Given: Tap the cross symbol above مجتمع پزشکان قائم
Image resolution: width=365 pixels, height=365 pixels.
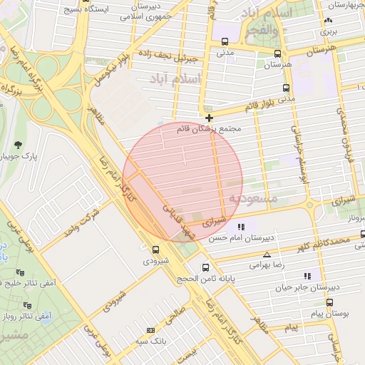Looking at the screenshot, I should pyautogui.click(x=209, y=118).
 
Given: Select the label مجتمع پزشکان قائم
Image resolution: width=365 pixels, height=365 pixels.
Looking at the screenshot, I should pyautogui.click(x=208, y=129).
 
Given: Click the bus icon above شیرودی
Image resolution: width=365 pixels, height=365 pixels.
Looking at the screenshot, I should pyautogui.click(x=156, y=250).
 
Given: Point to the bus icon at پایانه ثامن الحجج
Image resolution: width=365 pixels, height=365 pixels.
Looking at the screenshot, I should pyautogui.click(x=206, y=268).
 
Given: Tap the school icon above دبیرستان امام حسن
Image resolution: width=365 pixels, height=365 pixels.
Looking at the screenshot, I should pyautogui.click(x=242, y=227).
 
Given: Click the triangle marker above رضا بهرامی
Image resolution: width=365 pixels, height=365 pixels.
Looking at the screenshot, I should pyautogui.click(x=267, y=255).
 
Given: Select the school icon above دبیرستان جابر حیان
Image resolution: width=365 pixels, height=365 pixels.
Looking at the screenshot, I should pyautogui.click(x=307, y=275).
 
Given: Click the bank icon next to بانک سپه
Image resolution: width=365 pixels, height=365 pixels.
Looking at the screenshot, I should pyautogui.click(x=150, y=330).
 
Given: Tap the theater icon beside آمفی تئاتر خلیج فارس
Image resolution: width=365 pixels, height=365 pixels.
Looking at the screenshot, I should pyautogui.click(x=28, y=273).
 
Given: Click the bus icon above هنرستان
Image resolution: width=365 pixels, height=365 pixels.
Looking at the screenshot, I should pyautogui.click(x=277, y=53).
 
